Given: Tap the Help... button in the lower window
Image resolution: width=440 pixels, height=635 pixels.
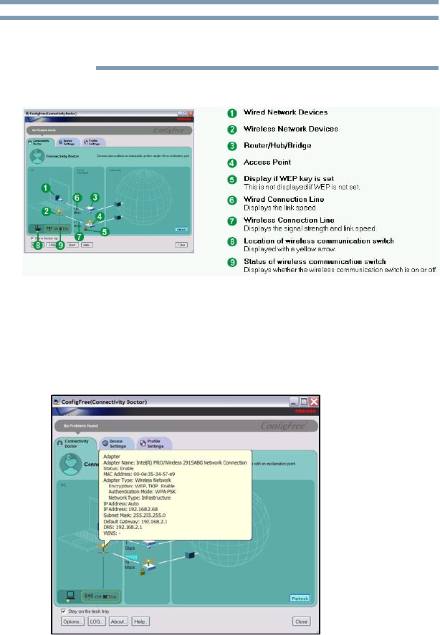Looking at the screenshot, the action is coord(141,621).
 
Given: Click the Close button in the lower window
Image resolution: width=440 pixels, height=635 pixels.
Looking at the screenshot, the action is coord(302,621).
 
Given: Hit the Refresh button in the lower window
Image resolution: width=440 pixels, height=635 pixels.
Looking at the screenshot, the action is coord(300,598).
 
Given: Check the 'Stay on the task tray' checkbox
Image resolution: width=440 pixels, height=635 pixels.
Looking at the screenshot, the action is coord(64,611).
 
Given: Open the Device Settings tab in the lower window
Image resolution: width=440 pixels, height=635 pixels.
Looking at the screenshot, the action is coord(114,445).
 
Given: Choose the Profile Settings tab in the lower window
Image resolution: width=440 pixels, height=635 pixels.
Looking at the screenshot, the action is coord(153,445).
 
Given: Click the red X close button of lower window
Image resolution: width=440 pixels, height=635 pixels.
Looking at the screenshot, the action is coord(313,402).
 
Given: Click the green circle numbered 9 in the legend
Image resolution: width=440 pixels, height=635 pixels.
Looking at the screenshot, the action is coord(232,262).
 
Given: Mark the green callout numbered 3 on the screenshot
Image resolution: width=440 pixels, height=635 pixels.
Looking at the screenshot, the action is coord(95,196).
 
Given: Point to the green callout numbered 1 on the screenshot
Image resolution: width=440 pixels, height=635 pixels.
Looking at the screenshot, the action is coord(44,188).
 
